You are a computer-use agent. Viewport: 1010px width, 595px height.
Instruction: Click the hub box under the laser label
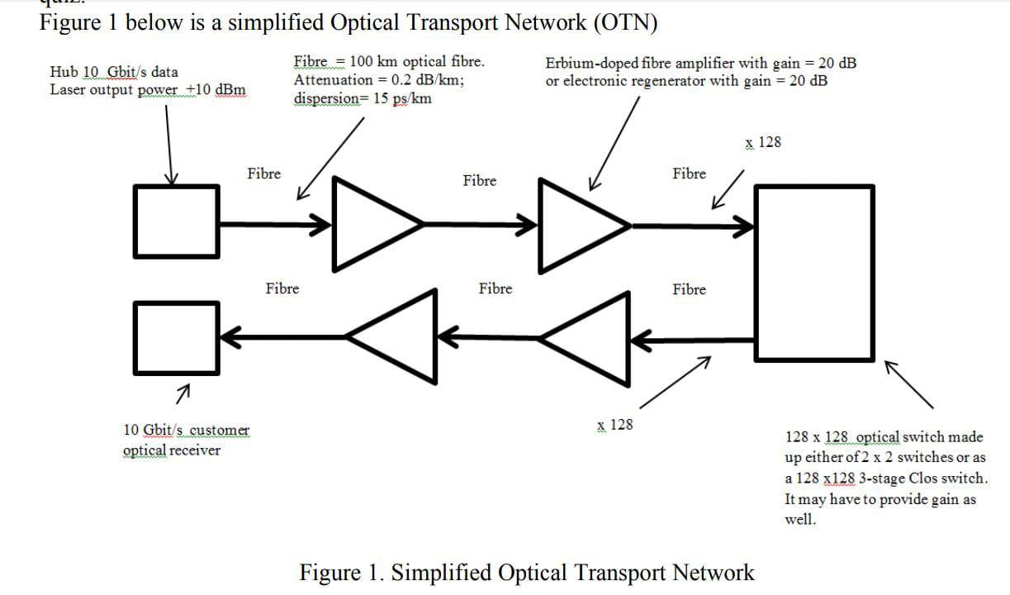177,221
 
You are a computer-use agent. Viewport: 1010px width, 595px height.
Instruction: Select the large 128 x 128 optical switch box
814,273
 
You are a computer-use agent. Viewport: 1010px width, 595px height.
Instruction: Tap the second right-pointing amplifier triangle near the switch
576,225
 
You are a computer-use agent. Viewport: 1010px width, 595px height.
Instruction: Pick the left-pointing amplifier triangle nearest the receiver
401,336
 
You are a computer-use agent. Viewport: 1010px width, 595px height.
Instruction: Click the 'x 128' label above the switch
762,142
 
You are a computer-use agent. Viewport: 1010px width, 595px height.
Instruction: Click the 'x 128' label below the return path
614,425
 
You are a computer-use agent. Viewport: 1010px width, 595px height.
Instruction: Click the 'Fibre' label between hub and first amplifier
263,174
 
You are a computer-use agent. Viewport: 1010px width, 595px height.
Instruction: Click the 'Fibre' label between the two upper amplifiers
479,180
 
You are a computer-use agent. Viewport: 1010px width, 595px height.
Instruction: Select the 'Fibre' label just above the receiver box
282,288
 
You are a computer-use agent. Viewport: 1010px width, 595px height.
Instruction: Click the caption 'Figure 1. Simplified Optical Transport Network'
526,572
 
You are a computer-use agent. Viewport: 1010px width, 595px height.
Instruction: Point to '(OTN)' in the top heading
625,22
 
